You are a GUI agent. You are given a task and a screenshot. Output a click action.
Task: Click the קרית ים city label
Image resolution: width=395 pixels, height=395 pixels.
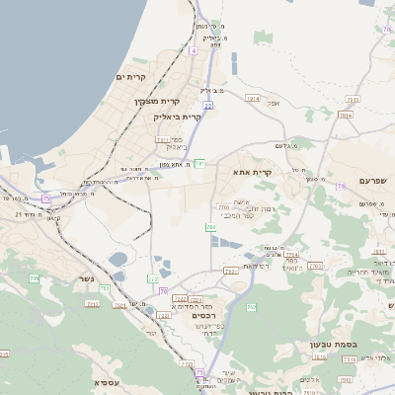pyautogui.click(x=130, y=77)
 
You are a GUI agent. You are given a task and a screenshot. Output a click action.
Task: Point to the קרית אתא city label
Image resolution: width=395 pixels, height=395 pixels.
pyautogui.click(x=252, y=172)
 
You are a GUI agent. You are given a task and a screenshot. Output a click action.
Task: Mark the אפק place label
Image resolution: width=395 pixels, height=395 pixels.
pyautogui.click(x=274, y=102)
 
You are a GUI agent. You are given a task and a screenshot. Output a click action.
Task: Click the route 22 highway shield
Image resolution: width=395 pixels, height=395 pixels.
pyautogui.click(x=207, y=105)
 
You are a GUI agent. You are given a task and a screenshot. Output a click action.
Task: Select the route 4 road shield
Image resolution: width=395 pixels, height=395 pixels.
pyautogui.click(x=194, y=49)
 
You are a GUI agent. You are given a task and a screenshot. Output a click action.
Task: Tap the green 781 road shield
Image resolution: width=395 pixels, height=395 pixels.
pyautogui.click(x=198, y=163)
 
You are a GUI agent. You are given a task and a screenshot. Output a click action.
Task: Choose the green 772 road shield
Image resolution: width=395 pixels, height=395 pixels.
pyautogui.click(x=187, y=364)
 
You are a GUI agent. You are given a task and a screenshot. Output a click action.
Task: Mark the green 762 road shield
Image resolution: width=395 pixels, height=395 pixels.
pyautogui.click(x=105, y=287)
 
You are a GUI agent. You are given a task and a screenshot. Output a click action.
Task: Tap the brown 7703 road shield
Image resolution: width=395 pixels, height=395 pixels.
pyautogui.click(x=315, y=265)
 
